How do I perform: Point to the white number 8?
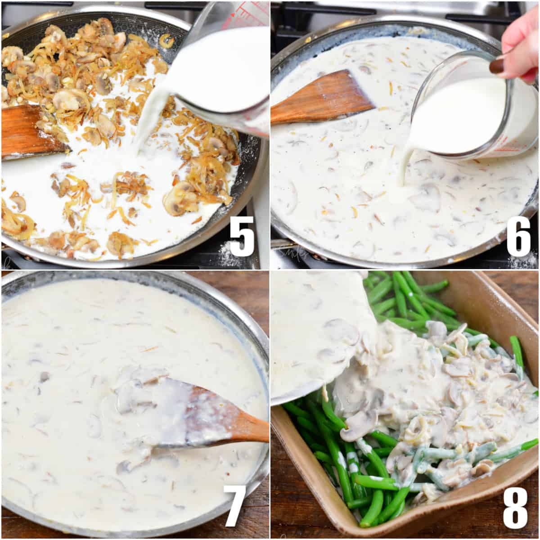point(515,507)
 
